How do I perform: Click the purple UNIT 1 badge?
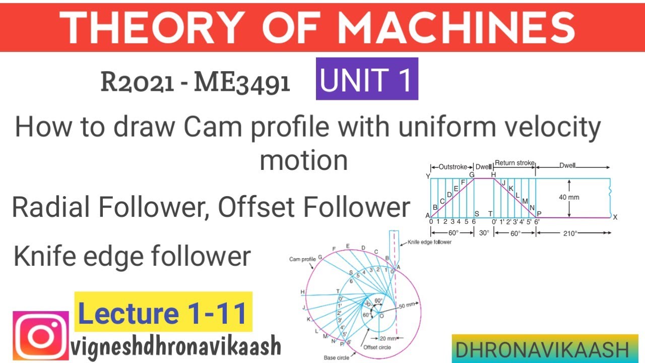click(367, 79)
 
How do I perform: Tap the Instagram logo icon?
click(41, 336)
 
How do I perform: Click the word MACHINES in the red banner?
click(457, 27)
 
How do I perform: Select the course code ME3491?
click(242, 83)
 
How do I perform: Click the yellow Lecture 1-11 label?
click(163, 312)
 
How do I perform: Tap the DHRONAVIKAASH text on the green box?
click(542, 350)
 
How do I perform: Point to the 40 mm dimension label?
click(569, 197)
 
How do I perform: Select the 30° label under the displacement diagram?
click(484, 233)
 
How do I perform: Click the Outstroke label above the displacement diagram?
click(453, 167)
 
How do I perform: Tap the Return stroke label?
click(514, 163)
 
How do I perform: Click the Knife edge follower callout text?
click(429, 242)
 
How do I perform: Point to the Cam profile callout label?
click(302, 259)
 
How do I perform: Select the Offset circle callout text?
click(377, 347)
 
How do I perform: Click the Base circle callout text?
click(336, 357)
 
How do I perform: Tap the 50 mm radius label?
click(407, 305)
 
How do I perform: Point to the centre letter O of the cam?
click(382, 316)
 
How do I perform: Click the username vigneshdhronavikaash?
click(176, 346)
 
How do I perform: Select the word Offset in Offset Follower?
click(256, 207)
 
